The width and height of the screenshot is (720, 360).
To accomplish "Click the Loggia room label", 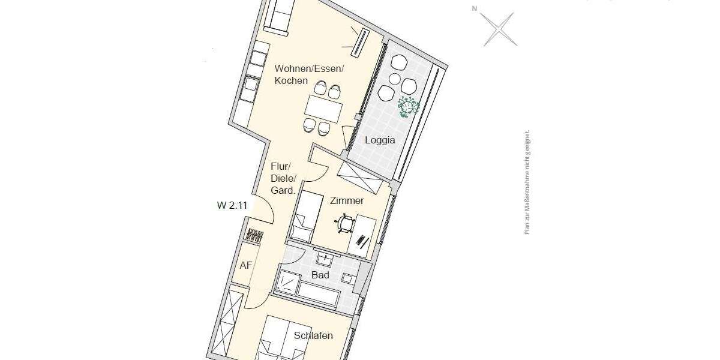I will (380, 140).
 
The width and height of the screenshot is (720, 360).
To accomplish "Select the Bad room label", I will (320, 275).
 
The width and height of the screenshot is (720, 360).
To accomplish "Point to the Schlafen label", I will (313, 335).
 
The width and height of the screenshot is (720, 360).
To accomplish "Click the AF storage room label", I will (245, 265).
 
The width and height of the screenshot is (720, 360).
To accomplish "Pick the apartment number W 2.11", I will (233, 205).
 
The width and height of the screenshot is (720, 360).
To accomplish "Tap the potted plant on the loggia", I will (409, 106).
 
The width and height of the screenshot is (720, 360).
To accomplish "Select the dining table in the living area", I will (323, 109).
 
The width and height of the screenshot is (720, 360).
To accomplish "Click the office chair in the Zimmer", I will (344, 224).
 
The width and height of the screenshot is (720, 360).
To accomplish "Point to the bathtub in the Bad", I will (319, 293).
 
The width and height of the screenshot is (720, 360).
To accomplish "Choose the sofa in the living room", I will (280, 14).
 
